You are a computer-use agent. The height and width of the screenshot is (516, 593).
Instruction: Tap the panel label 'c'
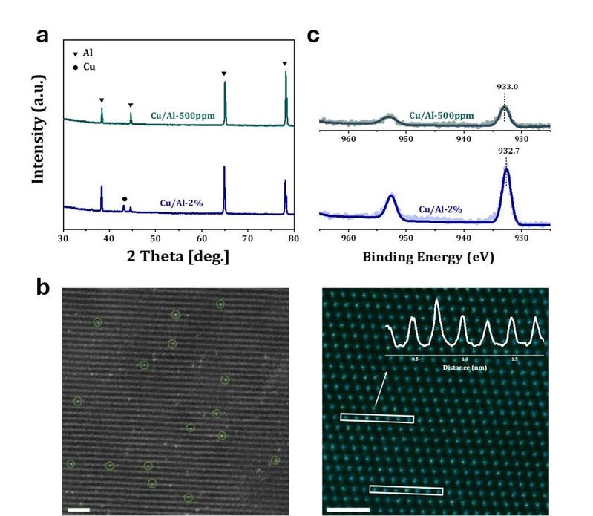(313, 36)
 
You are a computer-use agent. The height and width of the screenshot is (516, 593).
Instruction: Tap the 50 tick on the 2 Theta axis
(155, 241)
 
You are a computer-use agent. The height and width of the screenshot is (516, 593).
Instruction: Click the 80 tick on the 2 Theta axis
(294, 241)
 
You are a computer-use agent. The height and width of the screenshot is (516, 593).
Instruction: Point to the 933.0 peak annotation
(507, 87)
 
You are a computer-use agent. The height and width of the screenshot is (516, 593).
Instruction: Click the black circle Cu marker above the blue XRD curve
(124, 199)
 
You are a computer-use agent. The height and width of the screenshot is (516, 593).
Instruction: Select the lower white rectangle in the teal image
(406, 490)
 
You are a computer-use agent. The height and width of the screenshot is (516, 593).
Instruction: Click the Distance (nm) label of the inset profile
(465, 365)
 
